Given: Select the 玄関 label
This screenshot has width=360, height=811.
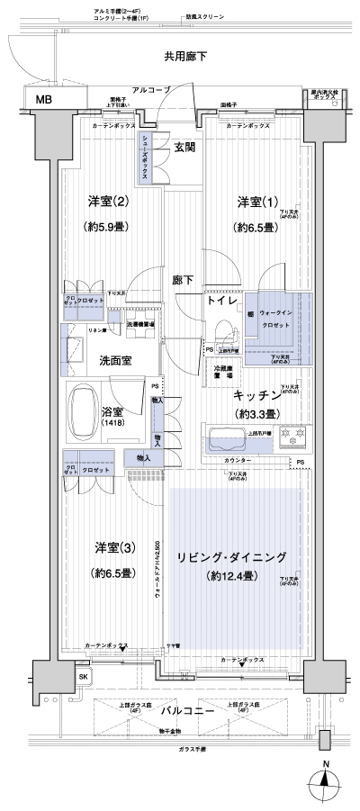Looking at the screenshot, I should [x=185, y=148].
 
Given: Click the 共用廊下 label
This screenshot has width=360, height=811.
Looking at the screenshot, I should [x=186, y=57].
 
